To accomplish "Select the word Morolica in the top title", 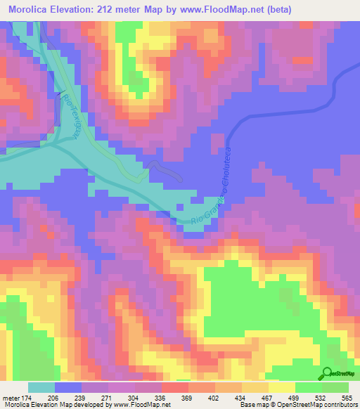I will pyautogui.click(x=30, y=9).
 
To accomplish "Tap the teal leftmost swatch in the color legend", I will pyautogui.click(x=41, y=388).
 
